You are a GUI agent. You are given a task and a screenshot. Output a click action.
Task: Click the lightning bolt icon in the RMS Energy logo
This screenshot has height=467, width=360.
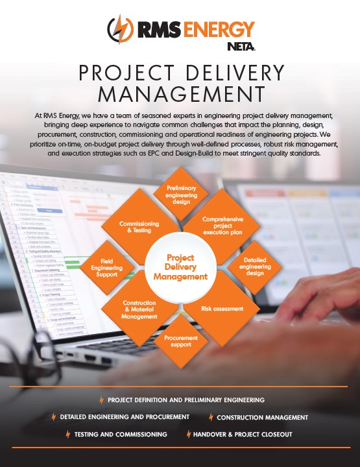point(120,29)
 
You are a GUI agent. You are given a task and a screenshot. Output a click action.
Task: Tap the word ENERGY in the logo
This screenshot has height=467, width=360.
point(219,29)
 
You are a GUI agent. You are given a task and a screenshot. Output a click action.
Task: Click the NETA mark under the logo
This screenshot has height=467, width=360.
point(241,47)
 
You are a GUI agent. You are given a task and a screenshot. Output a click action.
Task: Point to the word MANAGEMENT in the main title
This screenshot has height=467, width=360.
point(182,94)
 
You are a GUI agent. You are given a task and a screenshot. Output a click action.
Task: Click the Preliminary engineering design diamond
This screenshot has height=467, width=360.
point(181,194)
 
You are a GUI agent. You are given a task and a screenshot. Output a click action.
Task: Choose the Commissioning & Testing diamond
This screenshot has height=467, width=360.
point(139,226)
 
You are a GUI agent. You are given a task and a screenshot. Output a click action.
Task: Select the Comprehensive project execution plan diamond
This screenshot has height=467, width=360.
point(222,226)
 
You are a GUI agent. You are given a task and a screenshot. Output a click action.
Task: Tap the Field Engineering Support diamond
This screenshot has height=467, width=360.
point(107,268)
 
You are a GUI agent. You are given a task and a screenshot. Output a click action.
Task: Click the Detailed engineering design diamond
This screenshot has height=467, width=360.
point(255,267)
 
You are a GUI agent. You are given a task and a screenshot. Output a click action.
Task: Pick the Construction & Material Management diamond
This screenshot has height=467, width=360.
point(139,309)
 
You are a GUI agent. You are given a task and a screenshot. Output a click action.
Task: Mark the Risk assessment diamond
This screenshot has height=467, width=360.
point(222,309)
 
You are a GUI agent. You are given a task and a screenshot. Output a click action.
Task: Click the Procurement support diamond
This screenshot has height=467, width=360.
point(181,341)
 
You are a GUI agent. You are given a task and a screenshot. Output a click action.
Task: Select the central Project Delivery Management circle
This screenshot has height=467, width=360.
point(181,267)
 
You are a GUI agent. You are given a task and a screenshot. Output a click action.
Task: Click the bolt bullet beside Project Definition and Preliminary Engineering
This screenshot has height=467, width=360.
point(102,400)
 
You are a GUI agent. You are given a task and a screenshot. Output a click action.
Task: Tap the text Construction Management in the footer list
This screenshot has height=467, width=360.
point(262,418)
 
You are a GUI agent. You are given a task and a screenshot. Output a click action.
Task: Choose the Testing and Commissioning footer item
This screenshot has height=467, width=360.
point(121,435)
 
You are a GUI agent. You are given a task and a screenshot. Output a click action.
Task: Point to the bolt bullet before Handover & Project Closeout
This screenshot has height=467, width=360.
point(189,434)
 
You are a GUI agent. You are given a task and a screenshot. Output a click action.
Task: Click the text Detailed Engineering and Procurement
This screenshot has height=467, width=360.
point(125,417)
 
